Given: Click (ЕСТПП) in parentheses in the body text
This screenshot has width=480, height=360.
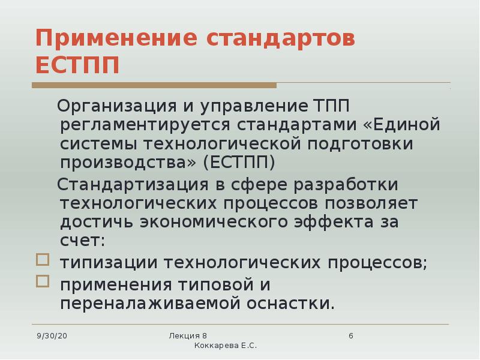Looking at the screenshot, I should pyautogui.click(x=239, y=163).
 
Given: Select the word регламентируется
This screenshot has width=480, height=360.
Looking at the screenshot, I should pyautogui.click(x=145, y=125).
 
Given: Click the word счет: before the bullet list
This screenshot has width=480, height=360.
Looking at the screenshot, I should pyautogui.click(x=82, y=240).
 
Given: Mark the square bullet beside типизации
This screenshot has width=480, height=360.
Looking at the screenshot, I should pyautogui.click(x=41, y=260).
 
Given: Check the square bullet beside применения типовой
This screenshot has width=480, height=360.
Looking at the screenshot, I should pyautogui.click(x=41, y=280).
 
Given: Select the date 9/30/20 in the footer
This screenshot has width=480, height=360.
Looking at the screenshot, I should pyautogui.click(x=52, y=335).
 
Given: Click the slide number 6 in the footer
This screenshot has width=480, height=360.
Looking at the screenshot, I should pyautogui.click(x=350, y=335).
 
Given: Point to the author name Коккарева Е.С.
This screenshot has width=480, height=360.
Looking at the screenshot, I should pyautogui.click(x=226, y=347).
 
